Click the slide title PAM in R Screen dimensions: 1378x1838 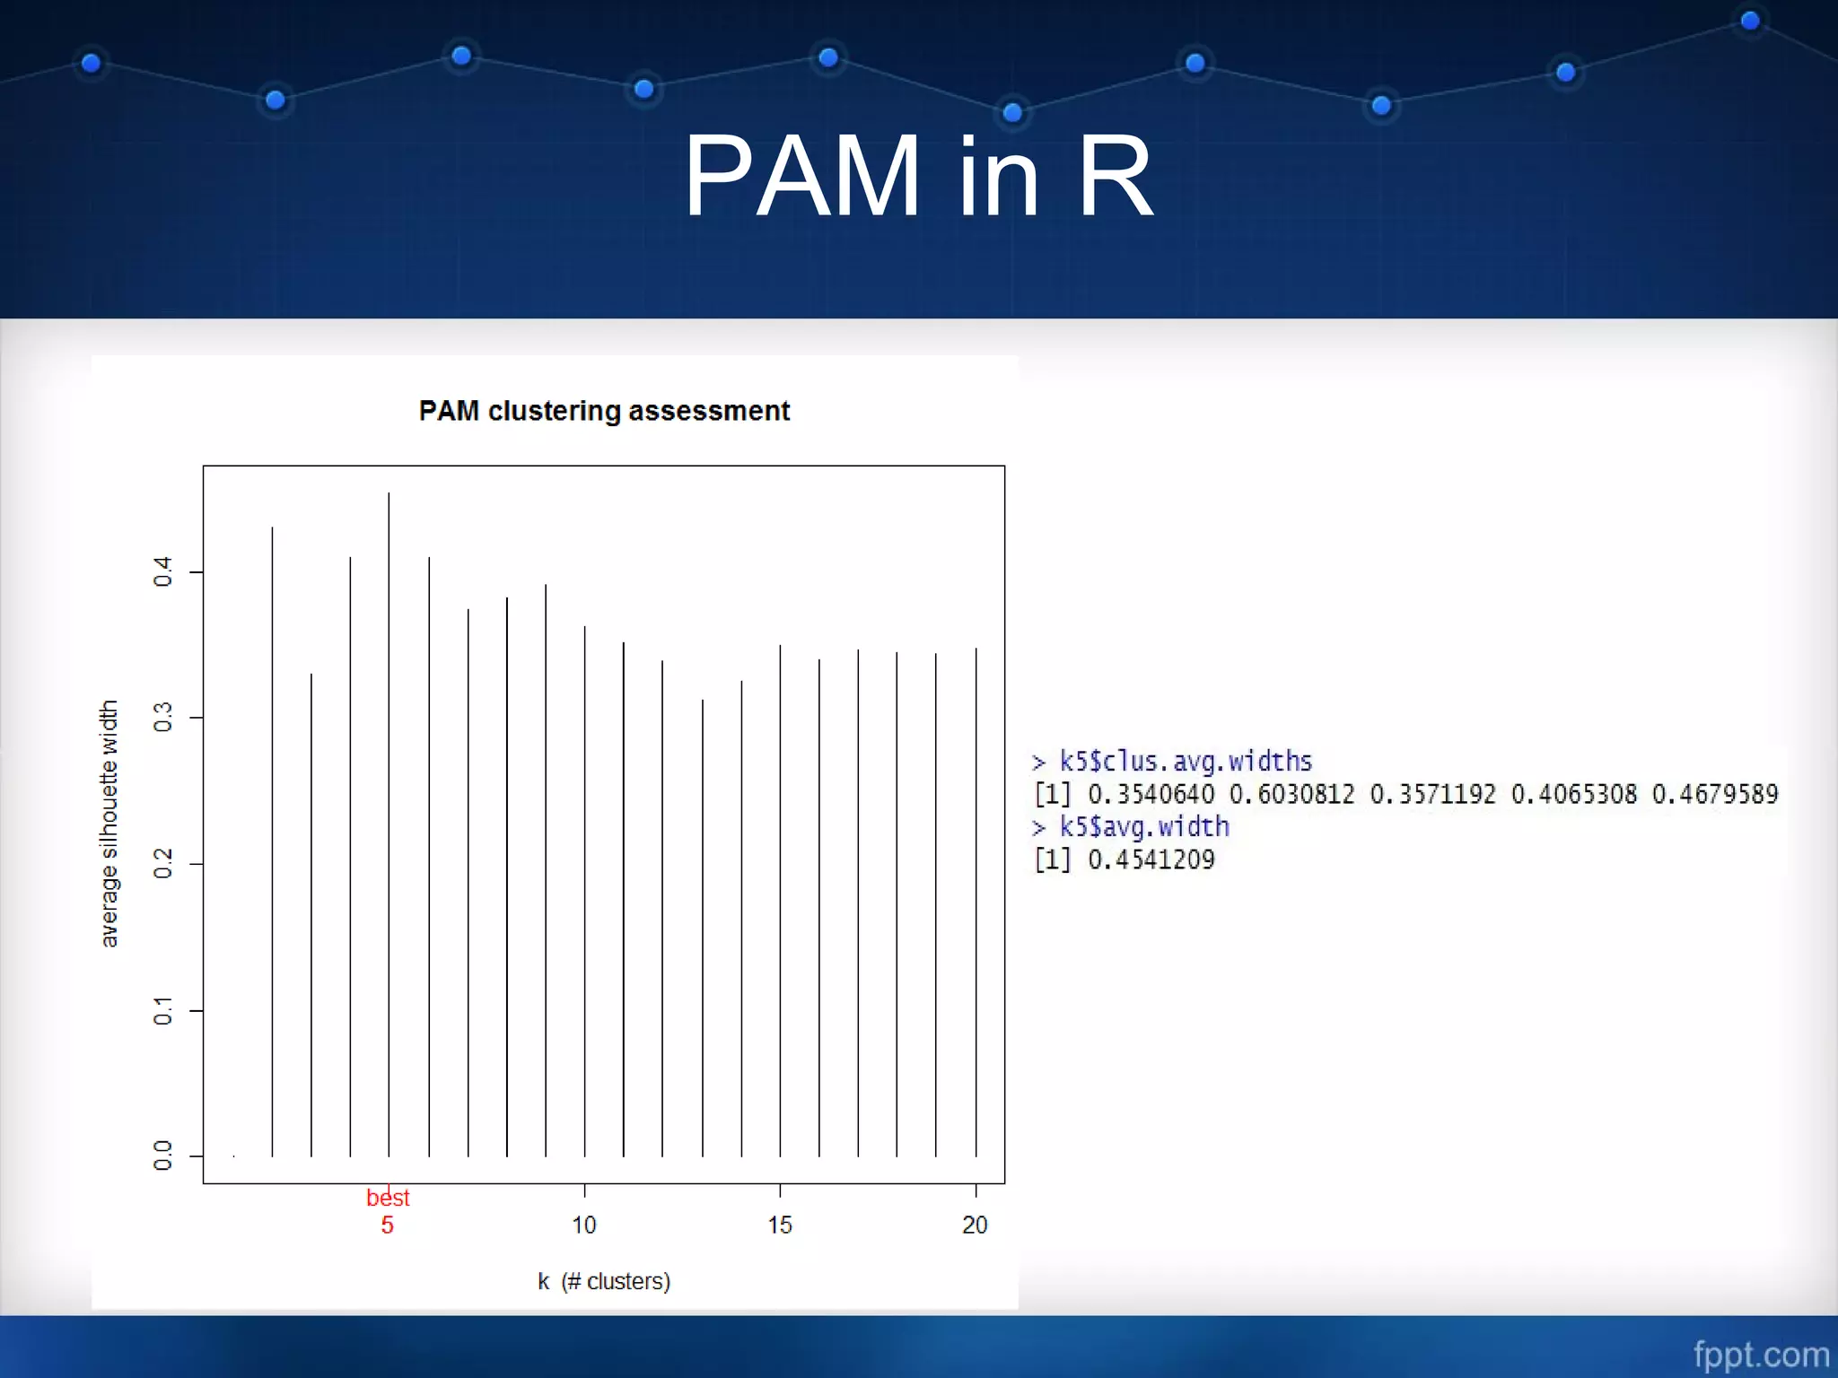coord(918,176)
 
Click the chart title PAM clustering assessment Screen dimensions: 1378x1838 coord(604,411)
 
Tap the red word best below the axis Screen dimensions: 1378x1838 coord(388,1198)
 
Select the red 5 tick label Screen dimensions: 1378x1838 coord(387,1225)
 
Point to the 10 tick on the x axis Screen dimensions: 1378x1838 coord(584,1225)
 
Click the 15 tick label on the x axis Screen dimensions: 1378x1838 coord(780,1225)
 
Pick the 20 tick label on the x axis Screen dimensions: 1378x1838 coord(975,1225)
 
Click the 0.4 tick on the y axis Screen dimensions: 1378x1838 coord(162,571)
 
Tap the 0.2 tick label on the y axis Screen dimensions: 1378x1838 coord(162,864)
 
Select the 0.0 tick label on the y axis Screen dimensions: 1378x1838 coord(162,1156)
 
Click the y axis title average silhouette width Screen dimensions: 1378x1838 coord(109,824)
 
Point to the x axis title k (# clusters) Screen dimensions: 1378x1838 coord(604,1281)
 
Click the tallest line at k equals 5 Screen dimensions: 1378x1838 coord(389,807)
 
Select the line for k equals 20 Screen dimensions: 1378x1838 coord(976,897)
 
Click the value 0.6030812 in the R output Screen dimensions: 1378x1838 coord(1291,794)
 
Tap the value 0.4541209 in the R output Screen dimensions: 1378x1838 coord(1151,859)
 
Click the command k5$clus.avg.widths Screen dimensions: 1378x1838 coord(1185,762)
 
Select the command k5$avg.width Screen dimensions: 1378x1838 coord(1143,827)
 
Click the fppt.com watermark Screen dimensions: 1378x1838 coord(1761,1354)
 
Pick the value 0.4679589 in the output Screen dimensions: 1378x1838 coord(1714,794)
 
